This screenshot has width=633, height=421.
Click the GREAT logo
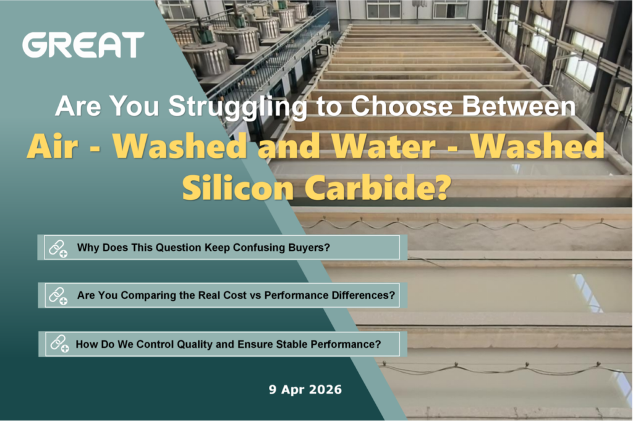point(83,45)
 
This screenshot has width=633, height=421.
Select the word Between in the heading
point(519,106)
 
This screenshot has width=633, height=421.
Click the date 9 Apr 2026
point(305,389)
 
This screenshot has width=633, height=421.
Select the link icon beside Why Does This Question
point(58,248)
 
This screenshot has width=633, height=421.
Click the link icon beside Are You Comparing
point(58,296)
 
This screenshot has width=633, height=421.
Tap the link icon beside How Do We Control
point(59,344)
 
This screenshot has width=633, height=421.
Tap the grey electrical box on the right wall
point(620,97)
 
